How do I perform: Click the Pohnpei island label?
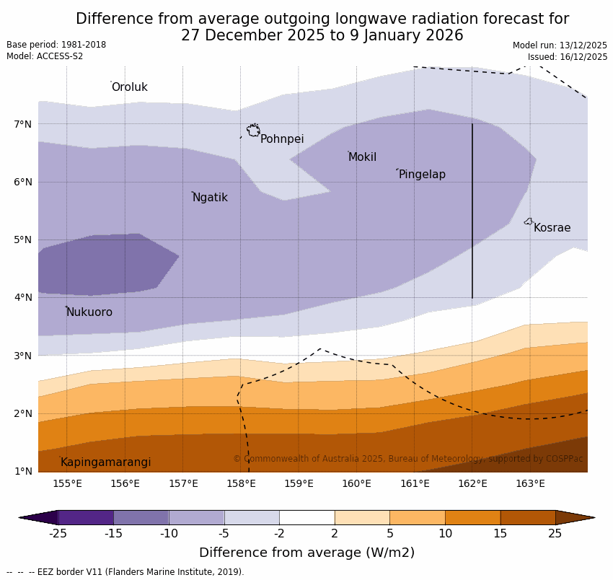[x=282, y=139]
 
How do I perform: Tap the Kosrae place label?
[x=552, y=228]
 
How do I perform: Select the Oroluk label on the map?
[x=129, y=87]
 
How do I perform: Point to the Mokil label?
[x=362, y=157]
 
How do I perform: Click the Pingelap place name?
[x=422, y=175]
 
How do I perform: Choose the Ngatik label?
[x=210, y=198]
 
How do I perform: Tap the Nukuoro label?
[x=89, y=312]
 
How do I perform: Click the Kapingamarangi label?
[x=105, y=462]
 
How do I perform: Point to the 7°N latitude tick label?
[x=23, y=124]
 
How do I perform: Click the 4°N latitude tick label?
[x=23, y=297]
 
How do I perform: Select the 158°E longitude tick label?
[x=241, y=483]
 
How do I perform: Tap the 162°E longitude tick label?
[x=472, y=483]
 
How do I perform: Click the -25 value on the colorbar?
[x=58, y=534]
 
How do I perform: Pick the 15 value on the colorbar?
[x=500, y=534]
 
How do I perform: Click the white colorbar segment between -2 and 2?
[x=306, y=517]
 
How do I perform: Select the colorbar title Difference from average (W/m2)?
[x=306, y=553]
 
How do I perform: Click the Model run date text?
[x=560, y=45]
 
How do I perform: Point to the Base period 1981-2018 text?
[x=56, y=45]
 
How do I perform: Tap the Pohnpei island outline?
[x=253, y=131]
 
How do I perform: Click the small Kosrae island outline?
[x=528, y=221]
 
